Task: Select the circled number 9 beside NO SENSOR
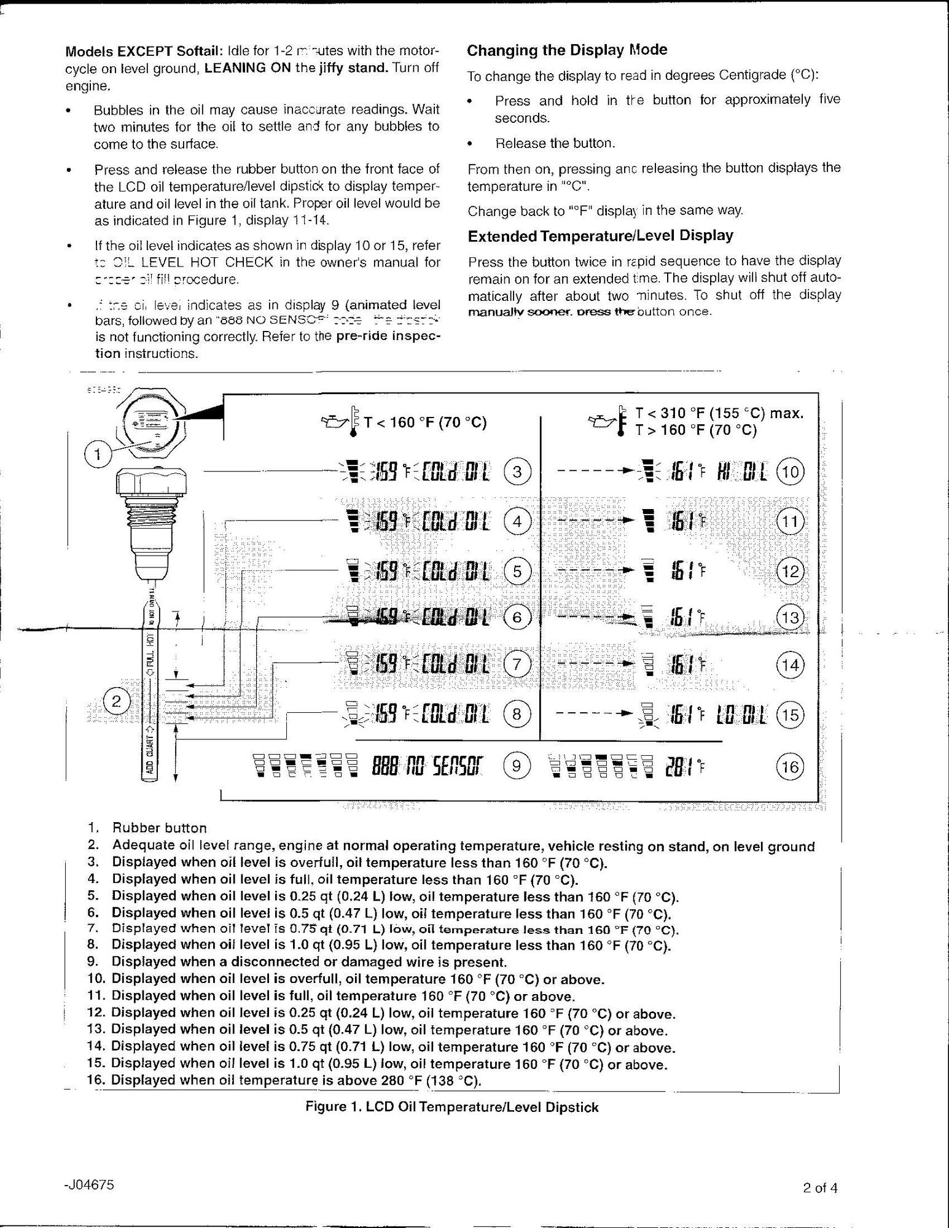point(517,766)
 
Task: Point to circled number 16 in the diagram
point(790,767)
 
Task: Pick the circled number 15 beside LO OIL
point(790,715)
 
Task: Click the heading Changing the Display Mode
point(567,50)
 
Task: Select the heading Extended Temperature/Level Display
point(600,236)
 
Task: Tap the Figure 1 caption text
point(451,1107)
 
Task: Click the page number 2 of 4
point(819,1187)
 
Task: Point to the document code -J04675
point(88,1184)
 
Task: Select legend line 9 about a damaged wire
point(310,962)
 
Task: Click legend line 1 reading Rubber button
point(159,828)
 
